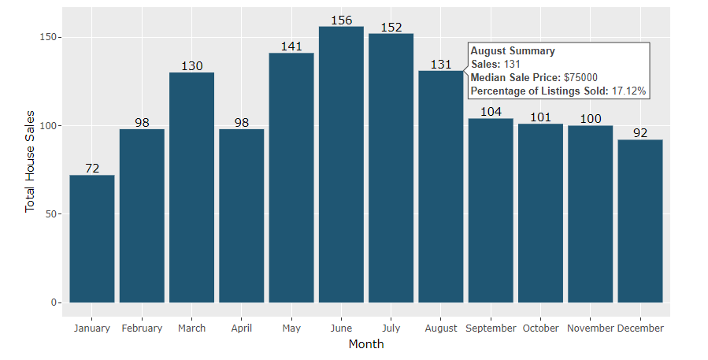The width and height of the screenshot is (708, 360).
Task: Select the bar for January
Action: [92, 239]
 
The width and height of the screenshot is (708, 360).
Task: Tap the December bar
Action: [640, 221]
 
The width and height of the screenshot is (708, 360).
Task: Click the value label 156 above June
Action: [341, 20]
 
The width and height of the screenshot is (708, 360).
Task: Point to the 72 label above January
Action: [92, 169]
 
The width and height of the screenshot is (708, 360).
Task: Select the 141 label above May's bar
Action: [291, 46]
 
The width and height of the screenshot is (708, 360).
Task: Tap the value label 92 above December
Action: [640, 133]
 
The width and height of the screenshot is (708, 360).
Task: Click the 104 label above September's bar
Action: [491, 112]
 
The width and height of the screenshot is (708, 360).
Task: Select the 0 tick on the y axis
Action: [53, 302]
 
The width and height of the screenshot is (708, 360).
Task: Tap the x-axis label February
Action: [142, 328]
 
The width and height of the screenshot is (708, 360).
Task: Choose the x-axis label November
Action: [591, 328]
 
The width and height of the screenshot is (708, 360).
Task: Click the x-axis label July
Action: [391, 328]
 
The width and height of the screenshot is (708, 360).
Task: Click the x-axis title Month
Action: [366, 344]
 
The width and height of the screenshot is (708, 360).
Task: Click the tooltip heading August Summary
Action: [513, 51]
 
